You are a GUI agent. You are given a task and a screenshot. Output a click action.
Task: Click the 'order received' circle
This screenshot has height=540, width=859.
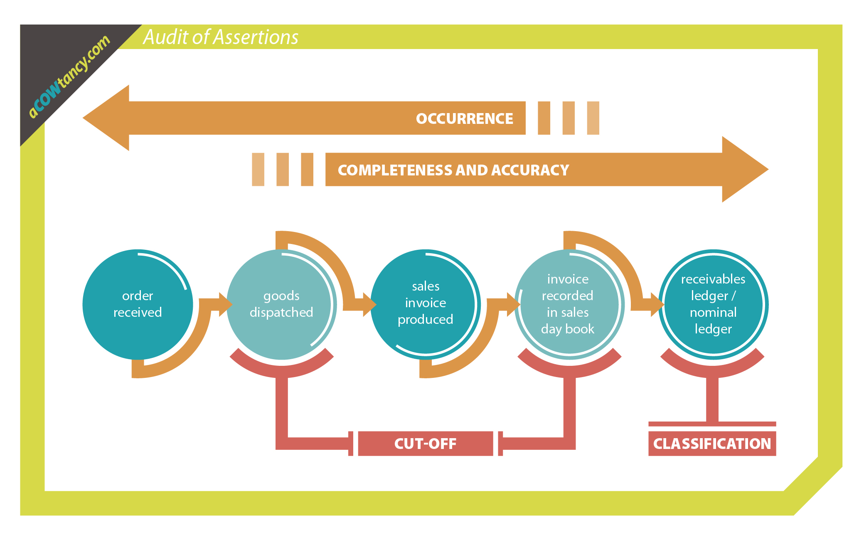138,304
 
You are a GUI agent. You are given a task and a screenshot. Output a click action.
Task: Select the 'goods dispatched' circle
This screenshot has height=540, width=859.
281,304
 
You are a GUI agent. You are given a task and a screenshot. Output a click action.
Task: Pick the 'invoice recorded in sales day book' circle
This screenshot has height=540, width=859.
568,304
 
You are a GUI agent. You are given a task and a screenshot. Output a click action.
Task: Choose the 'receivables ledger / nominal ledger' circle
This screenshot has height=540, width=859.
713,304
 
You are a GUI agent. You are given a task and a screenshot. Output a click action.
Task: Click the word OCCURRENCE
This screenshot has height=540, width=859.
464,118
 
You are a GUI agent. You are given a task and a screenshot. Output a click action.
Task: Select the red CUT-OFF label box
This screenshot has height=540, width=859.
425,444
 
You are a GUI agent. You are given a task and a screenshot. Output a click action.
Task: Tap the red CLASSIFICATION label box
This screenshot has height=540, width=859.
712,444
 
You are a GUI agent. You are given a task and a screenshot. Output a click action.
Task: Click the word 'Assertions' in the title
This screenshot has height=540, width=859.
256,37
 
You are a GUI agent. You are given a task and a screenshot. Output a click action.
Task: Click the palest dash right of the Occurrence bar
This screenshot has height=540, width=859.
593,118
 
